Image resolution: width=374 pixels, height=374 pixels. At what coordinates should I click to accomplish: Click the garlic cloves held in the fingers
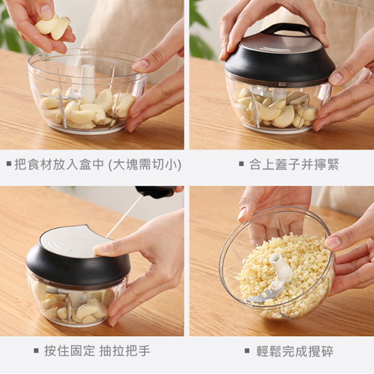click(52, 27)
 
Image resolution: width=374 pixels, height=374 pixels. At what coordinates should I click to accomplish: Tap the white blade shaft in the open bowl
click(88, 82)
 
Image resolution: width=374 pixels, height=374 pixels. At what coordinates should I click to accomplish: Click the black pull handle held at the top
click(155, 191)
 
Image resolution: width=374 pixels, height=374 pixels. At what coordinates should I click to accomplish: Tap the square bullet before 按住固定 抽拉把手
click(36, 351)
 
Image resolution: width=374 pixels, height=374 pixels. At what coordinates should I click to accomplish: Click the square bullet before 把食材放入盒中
click(8, 165)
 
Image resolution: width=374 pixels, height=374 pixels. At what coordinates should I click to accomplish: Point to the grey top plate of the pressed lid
click(69, 241)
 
